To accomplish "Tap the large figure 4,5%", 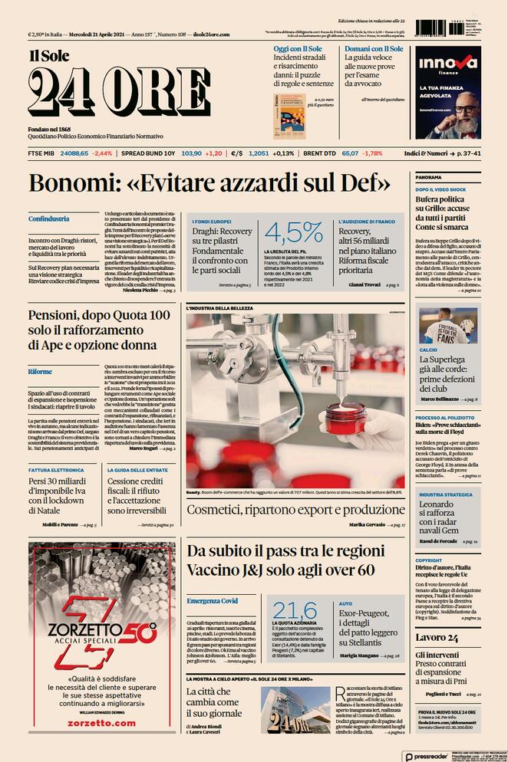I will tap(294, 232).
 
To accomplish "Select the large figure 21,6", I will tap(294, 610).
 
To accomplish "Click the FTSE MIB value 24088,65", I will tap(74, 153).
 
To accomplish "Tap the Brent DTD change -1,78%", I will tap(372, 153).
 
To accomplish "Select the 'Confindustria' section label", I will tap(49, 218).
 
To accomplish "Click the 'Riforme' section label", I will tap(40, 371).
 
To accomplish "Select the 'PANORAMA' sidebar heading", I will tap(428, 177).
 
